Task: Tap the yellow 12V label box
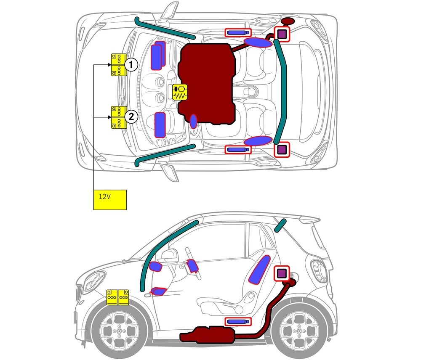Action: pyautogui.click(x=110, y=199)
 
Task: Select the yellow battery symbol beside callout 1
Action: pyautogui.click(x=119, y=65)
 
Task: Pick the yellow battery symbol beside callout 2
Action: pyautogui.click(x=119, y=117)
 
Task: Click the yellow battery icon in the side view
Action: pyautogui.click(x=118, y=297)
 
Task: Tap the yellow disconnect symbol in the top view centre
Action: pyautogui.click(x=181, y=92)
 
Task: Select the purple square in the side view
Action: pyautogui.click(x=281, y=274)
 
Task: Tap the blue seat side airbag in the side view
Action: pyautogui.click(x=260, y=269)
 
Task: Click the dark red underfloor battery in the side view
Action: pyautogui.click(x=210, y=334)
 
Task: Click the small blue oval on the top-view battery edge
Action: pyautogui.click(x=193, y=121)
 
